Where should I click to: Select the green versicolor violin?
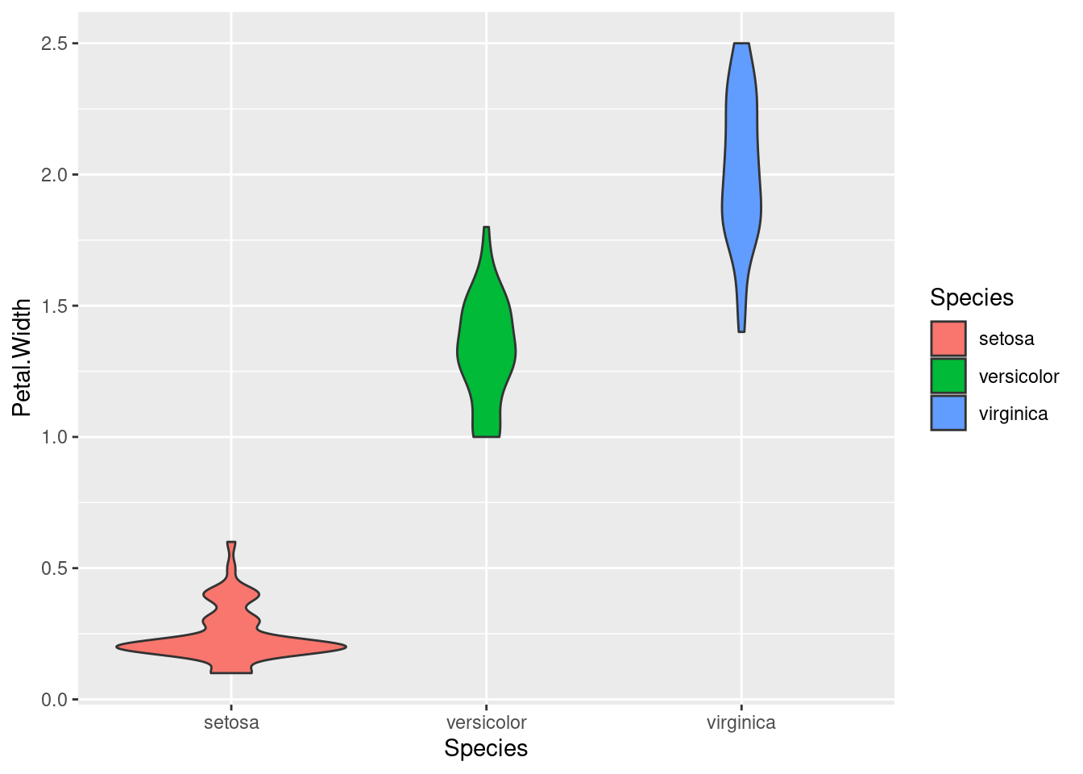point(486,347)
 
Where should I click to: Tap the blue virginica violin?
point(741,185)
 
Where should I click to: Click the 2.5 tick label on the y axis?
point(54,44)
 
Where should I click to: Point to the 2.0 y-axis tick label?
point(54,175)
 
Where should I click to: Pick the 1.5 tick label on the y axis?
point(54,306)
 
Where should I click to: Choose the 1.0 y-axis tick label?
point(54,438)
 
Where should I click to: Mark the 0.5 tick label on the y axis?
point(54,569)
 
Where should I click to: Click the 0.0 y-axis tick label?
point(54,700)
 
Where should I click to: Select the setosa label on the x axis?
point(231,722)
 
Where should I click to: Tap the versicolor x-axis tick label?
point(486,722)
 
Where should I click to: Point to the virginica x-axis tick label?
point(741,722)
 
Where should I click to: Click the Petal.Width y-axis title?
point(23,357)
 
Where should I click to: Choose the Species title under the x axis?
point(486,748)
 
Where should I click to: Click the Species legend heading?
point(971,298)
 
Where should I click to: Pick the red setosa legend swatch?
point(948,339)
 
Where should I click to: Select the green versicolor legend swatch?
point(948,376)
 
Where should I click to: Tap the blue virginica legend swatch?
point(948,413)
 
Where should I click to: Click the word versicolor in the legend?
point(1019,377)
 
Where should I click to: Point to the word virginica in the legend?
point(1013,414)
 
